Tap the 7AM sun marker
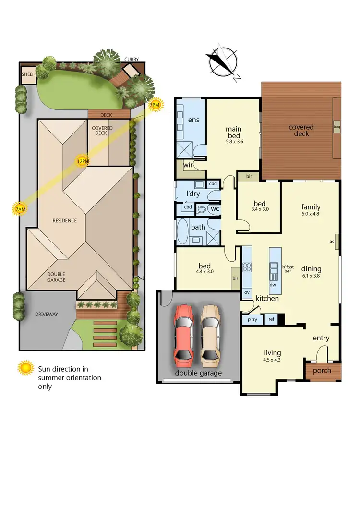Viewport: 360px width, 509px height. pyautogui.click(x=20, y=209)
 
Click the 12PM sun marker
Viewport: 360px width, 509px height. pyautogui.click(x=83, y=161)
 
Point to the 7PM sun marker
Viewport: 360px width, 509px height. pyautogui.click(x=155, y=104)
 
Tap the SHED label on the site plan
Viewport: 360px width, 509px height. pyautogui.click(x=27, y=75)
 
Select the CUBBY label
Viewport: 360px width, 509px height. pyautogui.click(x=132, y=59)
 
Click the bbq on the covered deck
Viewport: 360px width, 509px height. pyautogui.click(x=336, y=127)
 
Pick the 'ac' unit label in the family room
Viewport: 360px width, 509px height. pyautogui.click(x=332, y=242)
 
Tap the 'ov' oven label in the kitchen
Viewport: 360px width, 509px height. pyautogui.click(x=247, y=292)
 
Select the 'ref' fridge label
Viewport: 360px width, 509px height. pyautogui.click(x=271, y=319)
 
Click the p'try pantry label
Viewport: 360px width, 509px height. pyautogui.click(x=252, y=319)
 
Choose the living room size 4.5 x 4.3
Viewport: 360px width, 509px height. pyautogui.click(x=272, y=360)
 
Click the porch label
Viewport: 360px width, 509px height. pyautogui.click(x=323, y=371)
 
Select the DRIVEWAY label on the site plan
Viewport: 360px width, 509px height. pyautogui.click(x=46, y=314)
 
